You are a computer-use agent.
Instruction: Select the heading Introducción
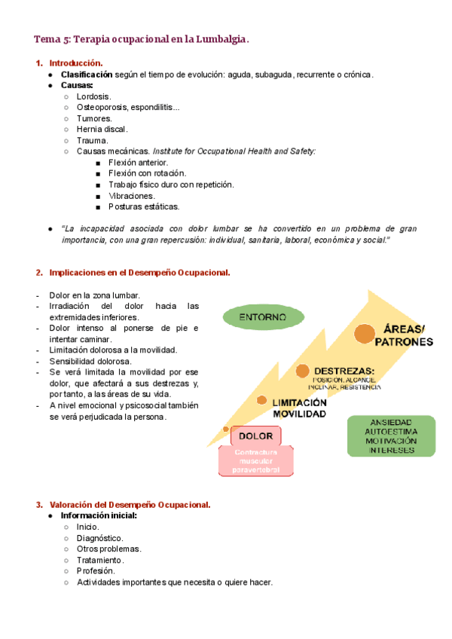tap(75, 63)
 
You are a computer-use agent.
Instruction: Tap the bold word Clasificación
tap(87, 75)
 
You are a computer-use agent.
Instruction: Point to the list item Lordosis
tap(93, 96)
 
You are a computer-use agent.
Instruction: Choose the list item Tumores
tap(94, 118)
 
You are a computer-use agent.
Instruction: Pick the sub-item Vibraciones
tap(132, 195)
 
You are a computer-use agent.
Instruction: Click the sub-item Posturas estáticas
tap(144, 206)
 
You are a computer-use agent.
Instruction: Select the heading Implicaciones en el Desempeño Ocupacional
tap(139, 272)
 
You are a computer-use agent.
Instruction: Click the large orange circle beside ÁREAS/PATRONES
tap(365, 333)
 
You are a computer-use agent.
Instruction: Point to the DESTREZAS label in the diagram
tap(344, 371)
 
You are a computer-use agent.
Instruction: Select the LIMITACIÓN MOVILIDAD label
tap(299, 408)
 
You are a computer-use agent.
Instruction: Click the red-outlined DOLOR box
tap(255, 436)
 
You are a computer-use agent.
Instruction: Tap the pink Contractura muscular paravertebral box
tap(255, 461)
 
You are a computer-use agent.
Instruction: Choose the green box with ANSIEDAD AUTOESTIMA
tap(391, 436)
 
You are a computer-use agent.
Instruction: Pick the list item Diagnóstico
tap(99, 538)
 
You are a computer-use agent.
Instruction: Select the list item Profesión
tap(96, 571)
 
